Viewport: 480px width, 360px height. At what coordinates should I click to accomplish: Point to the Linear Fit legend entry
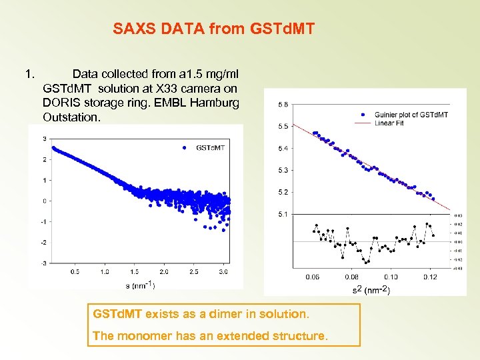point(393,123)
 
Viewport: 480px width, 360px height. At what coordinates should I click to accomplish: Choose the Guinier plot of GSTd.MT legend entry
point(411,115)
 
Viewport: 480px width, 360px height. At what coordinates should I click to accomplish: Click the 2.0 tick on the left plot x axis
point(164,272)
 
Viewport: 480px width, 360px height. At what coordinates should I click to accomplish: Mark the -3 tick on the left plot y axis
point(44,263)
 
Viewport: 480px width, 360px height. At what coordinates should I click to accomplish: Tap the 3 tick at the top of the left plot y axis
point(44,139)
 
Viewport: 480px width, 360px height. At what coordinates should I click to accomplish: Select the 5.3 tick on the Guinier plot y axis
point(283,170)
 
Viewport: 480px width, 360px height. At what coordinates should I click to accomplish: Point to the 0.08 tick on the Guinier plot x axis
point(351,277)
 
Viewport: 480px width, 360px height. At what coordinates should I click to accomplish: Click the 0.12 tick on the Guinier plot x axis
point(429,277)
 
